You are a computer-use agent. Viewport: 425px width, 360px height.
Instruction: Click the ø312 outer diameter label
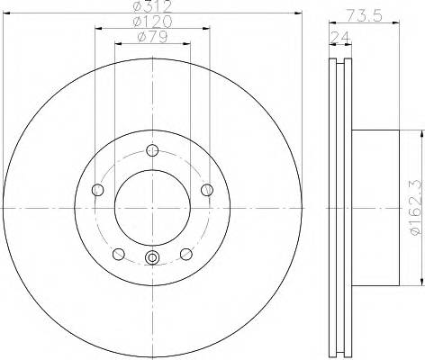click(x=151, y=7)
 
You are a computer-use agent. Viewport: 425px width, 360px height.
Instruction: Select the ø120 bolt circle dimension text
click(x=151, y=22)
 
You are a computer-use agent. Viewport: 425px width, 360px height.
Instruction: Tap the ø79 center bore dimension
click(x=151, y=36)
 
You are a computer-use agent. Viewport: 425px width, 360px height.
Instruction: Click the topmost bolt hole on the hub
click(x=152, y=150)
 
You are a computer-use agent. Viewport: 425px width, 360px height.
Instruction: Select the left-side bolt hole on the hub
click(x=97, y=189)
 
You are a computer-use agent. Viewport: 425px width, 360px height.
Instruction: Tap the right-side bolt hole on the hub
click(x=207, y=189)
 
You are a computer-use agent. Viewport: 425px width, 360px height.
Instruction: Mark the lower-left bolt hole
click(x=118, y=253)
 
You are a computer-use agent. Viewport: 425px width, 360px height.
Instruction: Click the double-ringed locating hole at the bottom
click(x=152, y=260)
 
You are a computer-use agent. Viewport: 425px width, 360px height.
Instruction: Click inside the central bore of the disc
click(x=152, y=207)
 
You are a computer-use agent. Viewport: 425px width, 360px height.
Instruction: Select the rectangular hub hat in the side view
click(x=374, y=207)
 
